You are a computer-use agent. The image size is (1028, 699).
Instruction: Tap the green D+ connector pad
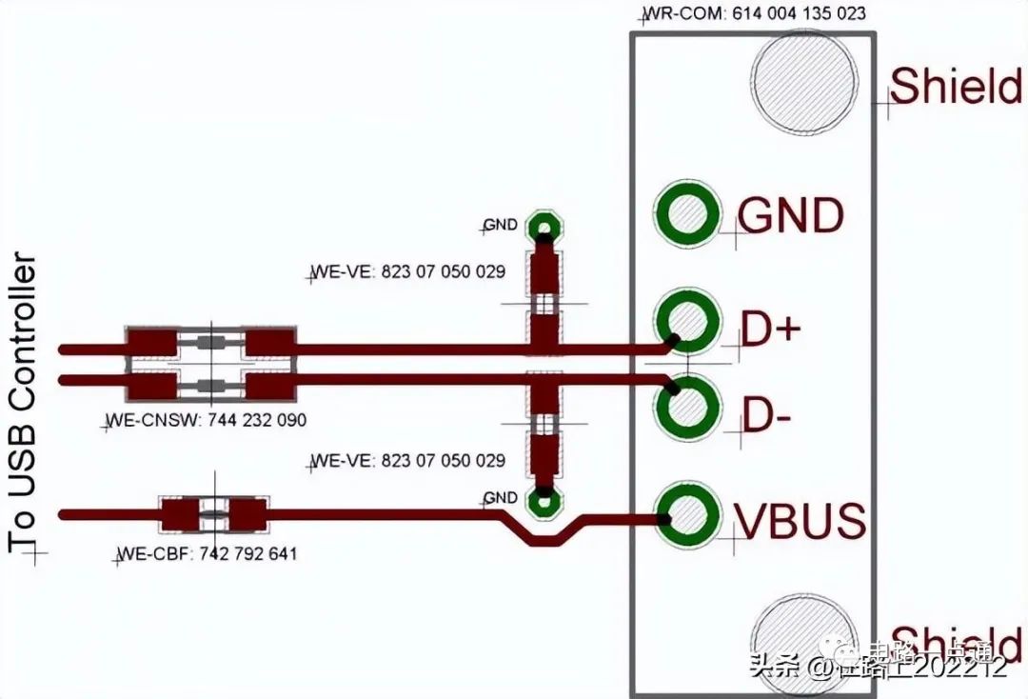[686, 321]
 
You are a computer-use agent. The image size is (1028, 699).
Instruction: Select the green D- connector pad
[686, 409]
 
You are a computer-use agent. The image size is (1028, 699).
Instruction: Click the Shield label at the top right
[956, 87]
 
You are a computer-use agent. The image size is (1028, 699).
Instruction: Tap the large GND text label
[791, 216]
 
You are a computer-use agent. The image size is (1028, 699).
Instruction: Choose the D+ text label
[771, 330]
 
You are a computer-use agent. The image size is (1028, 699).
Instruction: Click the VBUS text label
[800, 521]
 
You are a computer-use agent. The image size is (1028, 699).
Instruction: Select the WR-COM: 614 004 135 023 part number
[756, 14]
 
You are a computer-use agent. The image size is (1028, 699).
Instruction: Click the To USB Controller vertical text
[23, 404]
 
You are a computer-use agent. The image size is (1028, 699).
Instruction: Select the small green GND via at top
[544, 228]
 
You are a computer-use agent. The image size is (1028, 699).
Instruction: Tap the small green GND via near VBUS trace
[544, 499]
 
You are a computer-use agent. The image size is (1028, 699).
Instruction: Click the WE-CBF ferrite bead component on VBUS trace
[213, 515]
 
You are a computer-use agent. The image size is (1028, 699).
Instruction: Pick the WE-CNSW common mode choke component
[210, 365]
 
